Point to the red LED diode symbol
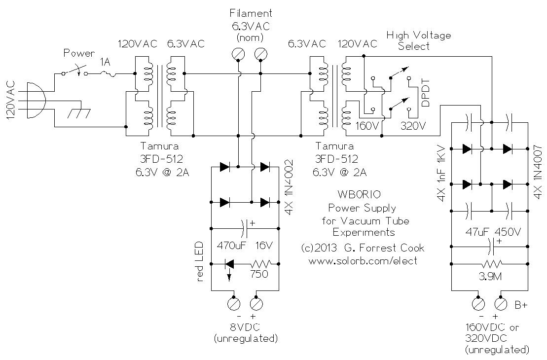click(x=228, y=264)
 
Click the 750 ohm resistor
click(x=259, y=264)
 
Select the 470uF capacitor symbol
click(x=245, y=228)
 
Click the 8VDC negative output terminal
click(x=233, y=303)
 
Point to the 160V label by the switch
click(x=368, y=126)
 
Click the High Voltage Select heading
click(x=418, y=40)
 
